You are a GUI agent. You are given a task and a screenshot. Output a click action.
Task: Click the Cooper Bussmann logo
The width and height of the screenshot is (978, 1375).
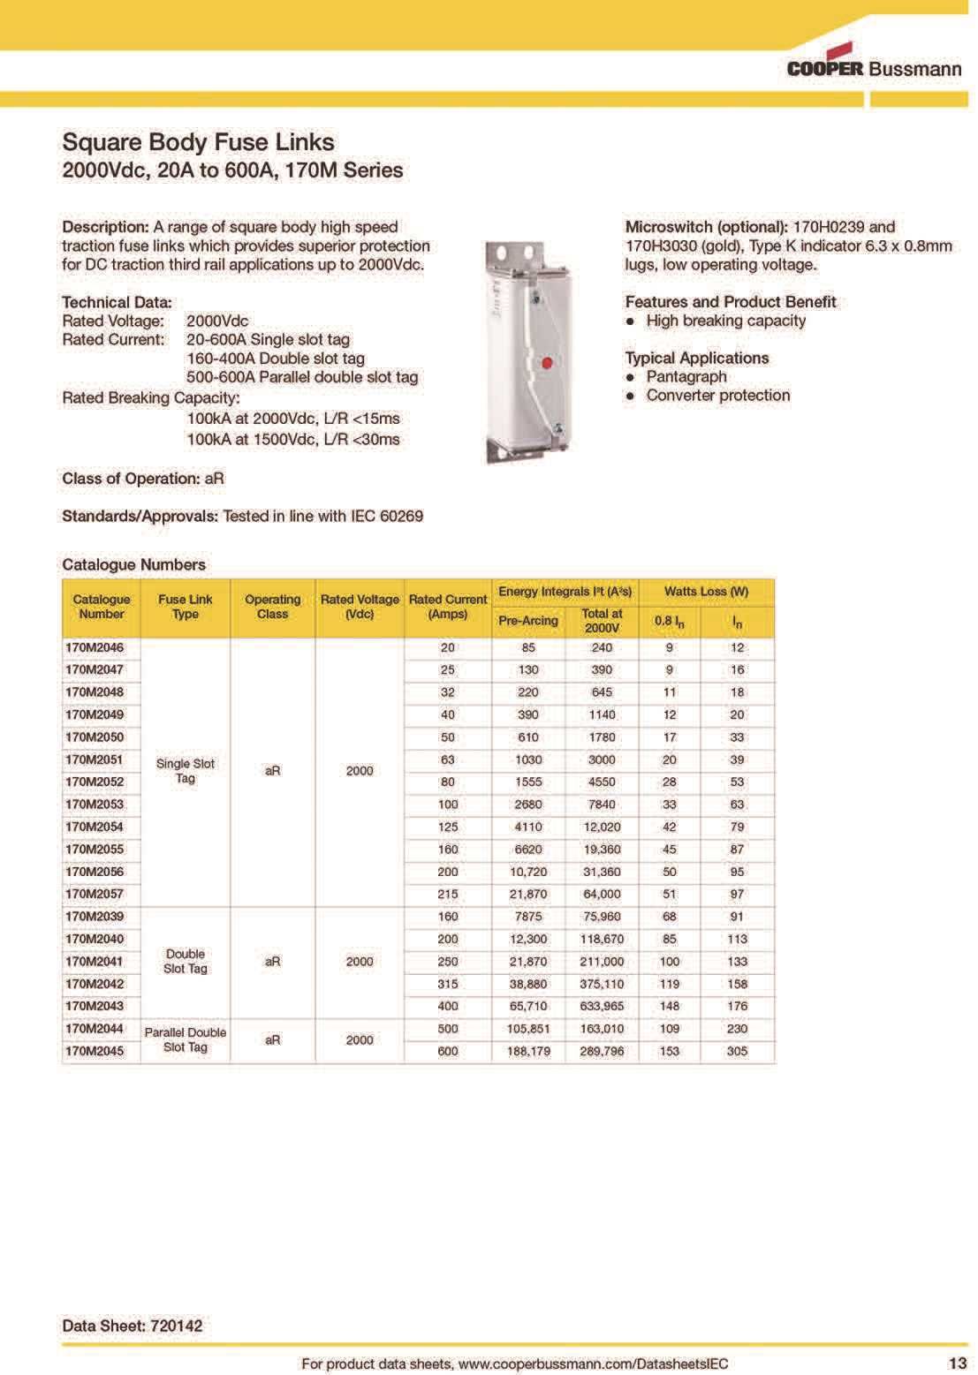pos(873,63)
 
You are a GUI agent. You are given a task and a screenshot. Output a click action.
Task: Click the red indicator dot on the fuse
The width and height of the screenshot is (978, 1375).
pos(546,363)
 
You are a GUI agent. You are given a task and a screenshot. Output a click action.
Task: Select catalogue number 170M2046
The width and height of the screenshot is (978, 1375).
pos(95,647)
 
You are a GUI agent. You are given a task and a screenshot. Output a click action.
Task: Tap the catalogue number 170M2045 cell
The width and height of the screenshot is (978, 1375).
pos(95,1051)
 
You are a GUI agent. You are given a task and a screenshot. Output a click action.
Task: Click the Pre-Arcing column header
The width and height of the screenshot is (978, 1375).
pos(527,621)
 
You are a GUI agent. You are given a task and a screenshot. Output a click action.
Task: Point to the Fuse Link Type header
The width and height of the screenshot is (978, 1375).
pos(186,607)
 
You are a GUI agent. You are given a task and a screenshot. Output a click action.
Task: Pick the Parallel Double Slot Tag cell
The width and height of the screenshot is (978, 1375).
pos(186,1039)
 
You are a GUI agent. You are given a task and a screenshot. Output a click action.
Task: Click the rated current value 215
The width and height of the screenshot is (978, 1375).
pos(448,894)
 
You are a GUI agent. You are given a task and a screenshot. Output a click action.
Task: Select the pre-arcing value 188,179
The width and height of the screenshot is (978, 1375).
pos(528,1051)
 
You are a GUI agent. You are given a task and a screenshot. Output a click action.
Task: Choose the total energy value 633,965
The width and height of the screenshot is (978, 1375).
pos(603,1006)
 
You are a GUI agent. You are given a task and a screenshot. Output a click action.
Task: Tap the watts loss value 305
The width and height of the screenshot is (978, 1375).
pos(737,1051)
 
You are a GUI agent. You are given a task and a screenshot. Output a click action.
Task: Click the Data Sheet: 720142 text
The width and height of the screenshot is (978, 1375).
pos(133,1326)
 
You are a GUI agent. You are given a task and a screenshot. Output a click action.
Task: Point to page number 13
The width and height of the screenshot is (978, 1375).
pos(957,1364)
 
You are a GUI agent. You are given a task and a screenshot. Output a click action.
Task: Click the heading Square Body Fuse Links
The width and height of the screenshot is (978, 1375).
pos(198,142)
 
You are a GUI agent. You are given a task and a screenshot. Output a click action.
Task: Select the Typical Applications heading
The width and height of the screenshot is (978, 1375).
pos(696,358)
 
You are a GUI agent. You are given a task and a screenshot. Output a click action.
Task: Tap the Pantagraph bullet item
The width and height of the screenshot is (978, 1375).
pos(686,376)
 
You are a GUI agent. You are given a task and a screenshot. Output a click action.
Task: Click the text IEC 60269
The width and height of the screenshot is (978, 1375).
pos(387,516)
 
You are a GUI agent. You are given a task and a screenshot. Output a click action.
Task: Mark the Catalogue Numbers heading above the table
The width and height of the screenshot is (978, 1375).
pos(133,564)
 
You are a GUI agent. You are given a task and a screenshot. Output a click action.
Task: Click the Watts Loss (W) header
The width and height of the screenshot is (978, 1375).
pos(706,592)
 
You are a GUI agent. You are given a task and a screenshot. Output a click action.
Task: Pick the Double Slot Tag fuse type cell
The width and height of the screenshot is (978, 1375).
pos(186,961)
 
